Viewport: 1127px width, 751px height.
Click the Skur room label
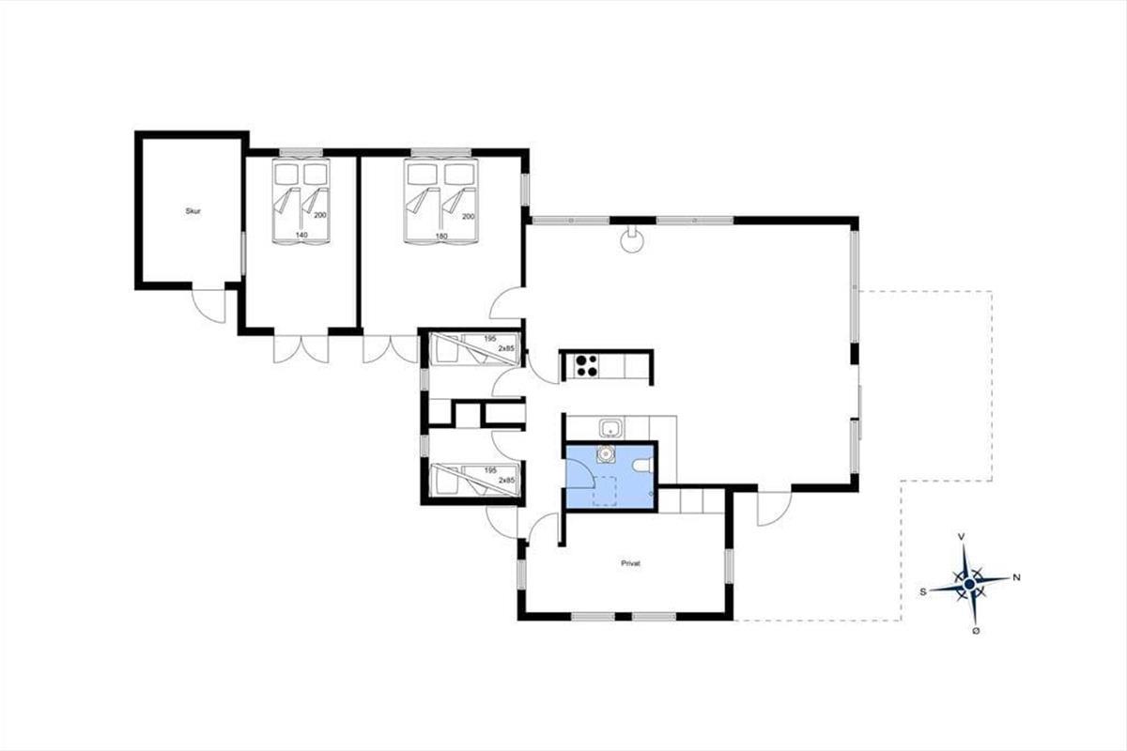(193, 211)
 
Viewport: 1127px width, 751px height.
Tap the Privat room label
(630, 563)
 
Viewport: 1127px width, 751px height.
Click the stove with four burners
(587, 366)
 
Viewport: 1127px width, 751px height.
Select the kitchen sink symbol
(610, 429)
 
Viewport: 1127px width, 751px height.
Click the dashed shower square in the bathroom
(605, 490)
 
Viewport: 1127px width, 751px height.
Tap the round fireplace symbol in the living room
(632, 240)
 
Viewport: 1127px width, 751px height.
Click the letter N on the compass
(1016, 577)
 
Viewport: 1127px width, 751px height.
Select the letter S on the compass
(923, 592)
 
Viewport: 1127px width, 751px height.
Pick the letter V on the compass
(962, 537)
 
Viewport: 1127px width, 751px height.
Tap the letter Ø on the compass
(976, 631)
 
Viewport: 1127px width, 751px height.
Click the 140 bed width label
(301, 235)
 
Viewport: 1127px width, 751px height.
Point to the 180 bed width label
(441, 236)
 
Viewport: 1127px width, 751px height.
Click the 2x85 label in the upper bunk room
(506, 348)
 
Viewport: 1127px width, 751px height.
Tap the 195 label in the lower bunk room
(490, 470)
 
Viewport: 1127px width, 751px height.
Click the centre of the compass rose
(969, 585)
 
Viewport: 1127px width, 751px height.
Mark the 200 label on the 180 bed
(469, 216)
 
